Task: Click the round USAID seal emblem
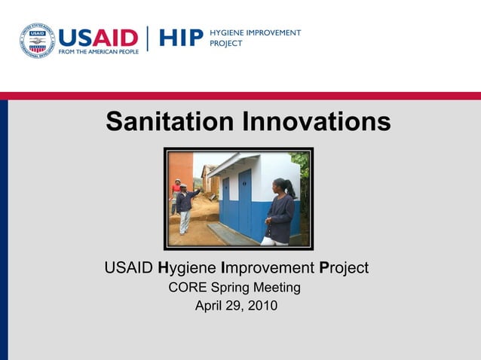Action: point(37,40)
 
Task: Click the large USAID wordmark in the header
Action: point(98,37)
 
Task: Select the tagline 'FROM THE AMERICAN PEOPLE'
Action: point(98,53)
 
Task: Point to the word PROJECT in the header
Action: point(226,44)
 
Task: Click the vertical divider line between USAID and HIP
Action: point(148,39)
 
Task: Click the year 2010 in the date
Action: point(262,306)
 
